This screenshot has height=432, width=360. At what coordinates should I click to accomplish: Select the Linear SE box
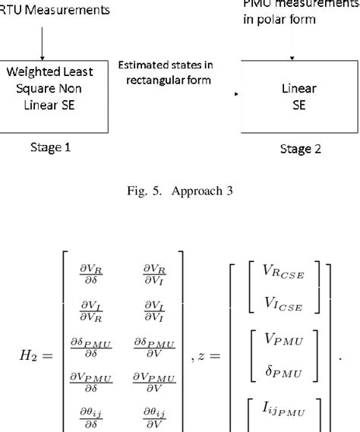pos(299,96)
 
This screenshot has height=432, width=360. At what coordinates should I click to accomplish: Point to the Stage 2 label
pos(299,149)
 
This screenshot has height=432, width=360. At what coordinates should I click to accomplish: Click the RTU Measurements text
pos(53,10)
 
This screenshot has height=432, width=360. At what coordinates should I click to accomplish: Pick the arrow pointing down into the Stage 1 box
pos(43,39)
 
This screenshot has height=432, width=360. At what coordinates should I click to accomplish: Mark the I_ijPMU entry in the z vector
pos(276,410)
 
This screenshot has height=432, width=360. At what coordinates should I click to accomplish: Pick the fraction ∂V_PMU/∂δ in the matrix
pos(91,383)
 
